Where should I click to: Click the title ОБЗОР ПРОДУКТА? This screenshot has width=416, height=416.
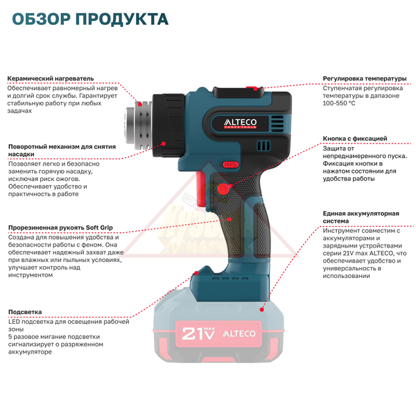pos(90,19)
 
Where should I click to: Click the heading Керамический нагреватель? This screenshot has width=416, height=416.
pos(51,78)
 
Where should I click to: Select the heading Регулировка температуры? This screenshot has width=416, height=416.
pos(365,78)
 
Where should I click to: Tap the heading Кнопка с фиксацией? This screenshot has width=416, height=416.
pos(355,139)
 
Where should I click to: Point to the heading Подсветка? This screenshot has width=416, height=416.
pos(25,312)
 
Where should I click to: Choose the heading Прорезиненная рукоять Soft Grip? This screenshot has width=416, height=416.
pos(60,227)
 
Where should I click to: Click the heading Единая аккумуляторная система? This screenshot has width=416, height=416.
pos(361,217)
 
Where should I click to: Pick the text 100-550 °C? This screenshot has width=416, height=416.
pos(339,103)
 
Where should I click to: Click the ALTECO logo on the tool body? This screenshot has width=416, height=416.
pos(240,123)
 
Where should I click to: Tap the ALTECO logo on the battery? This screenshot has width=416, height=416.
pos(239,333)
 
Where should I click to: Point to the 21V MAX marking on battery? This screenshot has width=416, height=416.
pos(198,333)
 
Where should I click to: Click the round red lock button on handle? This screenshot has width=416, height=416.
pos(223,189)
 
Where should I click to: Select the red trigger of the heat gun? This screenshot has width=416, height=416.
pos(201,189)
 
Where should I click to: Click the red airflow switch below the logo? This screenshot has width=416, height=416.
pos(230,165)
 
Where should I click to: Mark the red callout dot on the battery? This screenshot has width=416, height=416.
pos(262,309)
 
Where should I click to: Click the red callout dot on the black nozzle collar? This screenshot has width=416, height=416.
pos(164,144)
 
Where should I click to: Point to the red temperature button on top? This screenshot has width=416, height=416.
pos(252,88)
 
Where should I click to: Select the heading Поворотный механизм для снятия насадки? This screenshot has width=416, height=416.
pos(62,150)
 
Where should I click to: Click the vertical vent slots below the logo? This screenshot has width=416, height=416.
pos(263,146)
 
